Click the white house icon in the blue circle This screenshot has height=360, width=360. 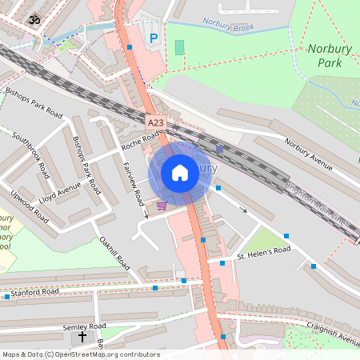(180, 173)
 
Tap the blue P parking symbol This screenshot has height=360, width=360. (154, 38)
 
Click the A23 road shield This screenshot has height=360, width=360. (156, 122)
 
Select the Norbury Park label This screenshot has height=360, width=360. (330, 54)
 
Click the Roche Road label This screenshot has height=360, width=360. (141, 142)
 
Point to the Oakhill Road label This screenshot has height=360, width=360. (114, 250)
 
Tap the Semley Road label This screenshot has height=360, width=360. (86, 326)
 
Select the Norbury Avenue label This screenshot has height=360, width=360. (308, 154)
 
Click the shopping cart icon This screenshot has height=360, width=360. (162, 205)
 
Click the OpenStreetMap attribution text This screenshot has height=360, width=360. (80, 354)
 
